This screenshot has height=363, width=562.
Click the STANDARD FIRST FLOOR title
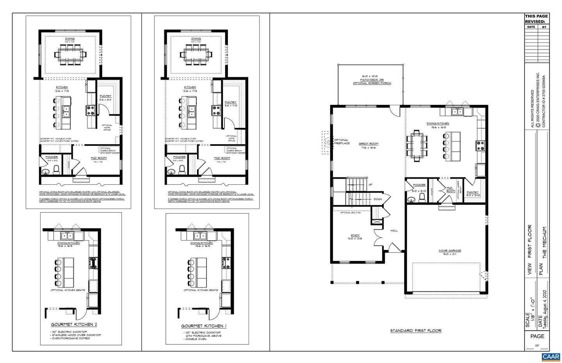[x=416, y=331]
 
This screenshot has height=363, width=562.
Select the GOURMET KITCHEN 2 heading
[x=74, y=324]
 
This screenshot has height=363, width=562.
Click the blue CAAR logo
[x=551, y=357]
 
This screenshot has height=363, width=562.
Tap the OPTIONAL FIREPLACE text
[x=341, y=142]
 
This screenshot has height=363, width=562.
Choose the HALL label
[x=394, y=230]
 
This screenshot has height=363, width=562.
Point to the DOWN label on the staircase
[x=378, y=199]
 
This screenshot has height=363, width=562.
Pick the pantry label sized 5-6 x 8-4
[x=105, y=98]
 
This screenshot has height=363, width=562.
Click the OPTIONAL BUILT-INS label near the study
[x=350, y=212]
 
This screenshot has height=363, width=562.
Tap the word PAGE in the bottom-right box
[x=537, y=336]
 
